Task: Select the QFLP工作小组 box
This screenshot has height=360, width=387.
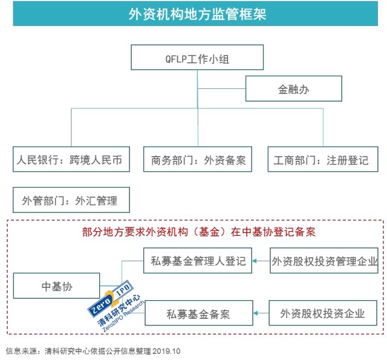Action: click(198, 59)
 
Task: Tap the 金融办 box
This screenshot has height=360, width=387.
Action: click(294, 89)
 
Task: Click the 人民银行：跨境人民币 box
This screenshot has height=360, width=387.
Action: click(71, 160)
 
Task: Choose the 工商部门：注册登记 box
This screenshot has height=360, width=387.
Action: click(321, 160)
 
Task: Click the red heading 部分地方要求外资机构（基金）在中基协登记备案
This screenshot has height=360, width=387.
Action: click(199, 231)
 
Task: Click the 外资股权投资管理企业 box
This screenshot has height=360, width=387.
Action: click(325, 261)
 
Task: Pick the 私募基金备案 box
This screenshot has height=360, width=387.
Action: click(198, 314)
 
